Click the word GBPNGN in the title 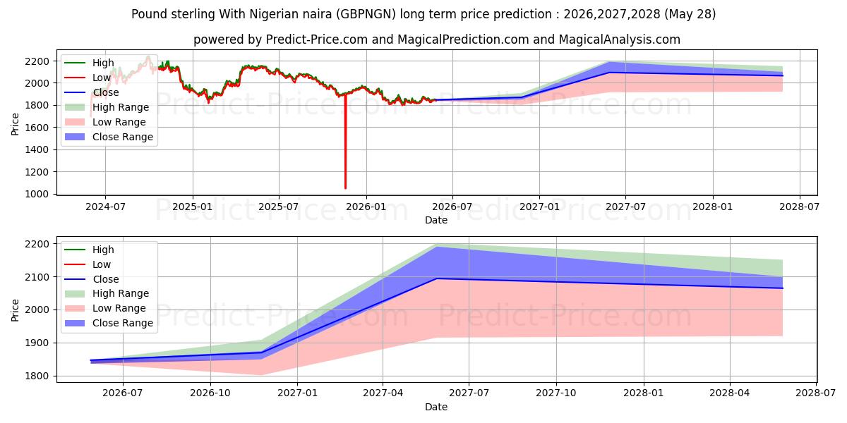point(366,14)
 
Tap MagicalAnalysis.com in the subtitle point(620,39)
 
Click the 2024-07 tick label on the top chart point(105,207)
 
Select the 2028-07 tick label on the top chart point(800,207)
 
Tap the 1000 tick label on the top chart point(37,194)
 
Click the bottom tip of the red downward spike point(345,188)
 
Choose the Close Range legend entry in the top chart point(109,137)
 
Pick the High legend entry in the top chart point(89,63)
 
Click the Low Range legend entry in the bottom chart point(105,308)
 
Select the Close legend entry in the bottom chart point(92,279)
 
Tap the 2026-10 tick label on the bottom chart point(210,393)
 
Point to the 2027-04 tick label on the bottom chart point(383,393)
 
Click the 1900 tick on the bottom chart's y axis point(37,343)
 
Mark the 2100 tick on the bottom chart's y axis point(37,277)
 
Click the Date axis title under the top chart point(436,220)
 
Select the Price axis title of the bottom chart point(15,310)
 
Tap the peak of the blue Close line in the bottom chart point(437,278)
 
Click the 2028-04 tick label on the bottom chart point(730,393)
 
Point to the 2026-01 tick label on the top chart point(366,207)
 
